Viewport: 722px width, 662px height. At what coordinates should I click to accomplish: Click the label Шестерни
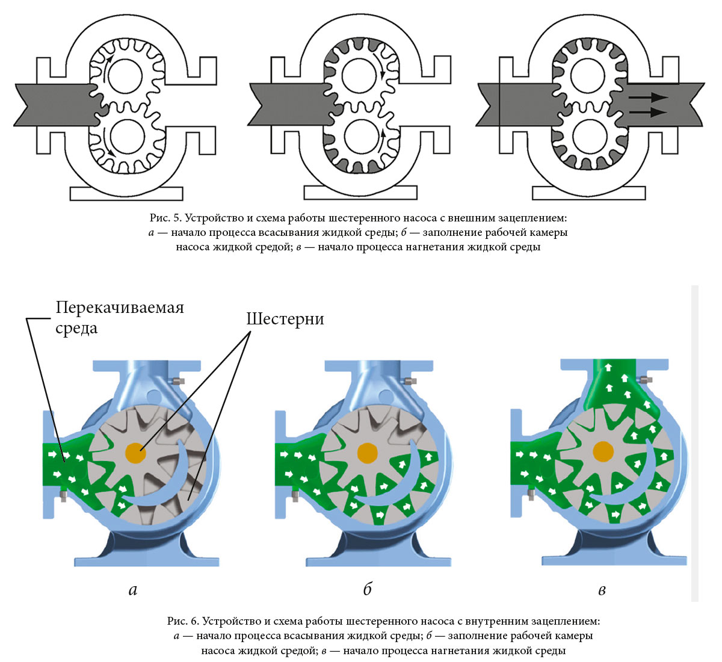(285, 319)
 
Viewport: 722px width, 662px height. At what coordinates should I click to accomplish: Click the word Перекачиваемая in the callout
(120, 308)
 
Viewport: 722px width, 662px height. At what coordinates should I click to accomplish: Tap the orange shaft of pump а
(135, 453)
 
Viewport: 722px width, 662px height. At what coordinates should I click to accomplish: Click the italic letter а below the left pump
(133, 590)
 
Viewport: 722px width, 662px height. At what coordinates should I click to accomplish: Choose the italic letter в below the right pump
(602, 590)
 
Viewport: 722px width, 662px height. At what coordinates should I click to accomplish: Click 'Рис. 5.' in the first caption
(164, 217)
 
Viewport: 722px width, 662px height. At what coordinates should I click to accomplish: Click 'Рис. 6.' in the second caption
(183, 620)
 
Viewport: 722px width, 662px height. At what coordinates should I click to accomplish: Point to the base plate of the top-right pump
(588, 193)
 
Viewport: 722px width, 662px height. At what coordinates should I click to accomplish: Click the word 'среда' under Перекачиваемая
(76, 329)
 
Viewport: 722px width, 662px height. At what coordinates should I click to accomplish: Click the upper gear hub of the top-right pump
(587, 76)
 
